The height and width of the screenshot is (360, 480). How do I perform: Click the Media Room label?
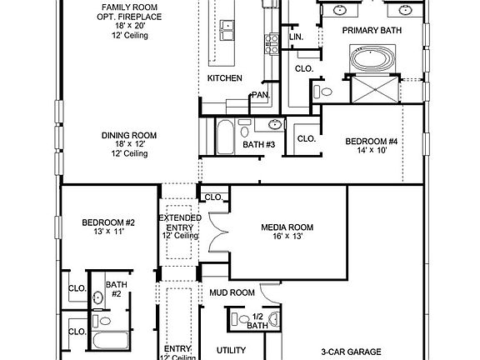click(x=287, y=227)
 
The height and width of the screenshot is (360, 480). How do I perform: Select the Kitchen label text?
click(x=225, y=78)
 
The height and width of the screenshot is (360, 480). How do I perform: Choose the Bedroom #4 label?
click(x=372, y=142)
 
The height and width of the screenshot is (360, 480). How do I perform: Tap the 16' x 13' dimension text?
click(x=287, y=237)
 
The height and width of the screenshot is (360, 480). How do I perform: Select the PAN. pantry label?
click(x=260, y=96)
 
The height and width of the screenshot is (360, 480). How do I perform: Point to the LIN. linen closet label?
click(x=295, y=38)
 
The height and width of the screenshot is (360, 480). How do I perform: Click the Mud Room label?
click(x=231, y=292)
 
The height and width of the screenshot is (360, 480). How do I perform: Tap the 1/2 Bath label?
click(x=257, y=321)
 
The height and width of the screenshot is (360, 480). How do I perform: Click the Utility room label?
click(x=231, y=351)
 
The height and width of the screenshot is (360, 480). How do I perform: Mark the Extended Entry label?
click(x=180, y=222)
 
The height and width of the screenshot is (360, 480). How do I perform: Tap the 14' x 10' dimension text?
click(x=372, y=152)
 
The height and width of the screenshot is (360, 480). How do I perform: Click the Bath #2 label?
click(x=115, y=289)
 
